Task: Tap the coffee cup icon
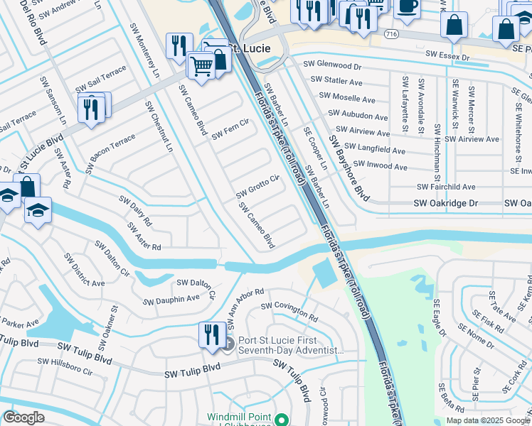(407, 6)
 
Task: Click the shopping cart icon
(202, 66)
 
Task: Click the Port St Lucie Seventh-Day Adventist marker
(228, 344)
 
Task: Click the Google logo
(24, 417)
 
